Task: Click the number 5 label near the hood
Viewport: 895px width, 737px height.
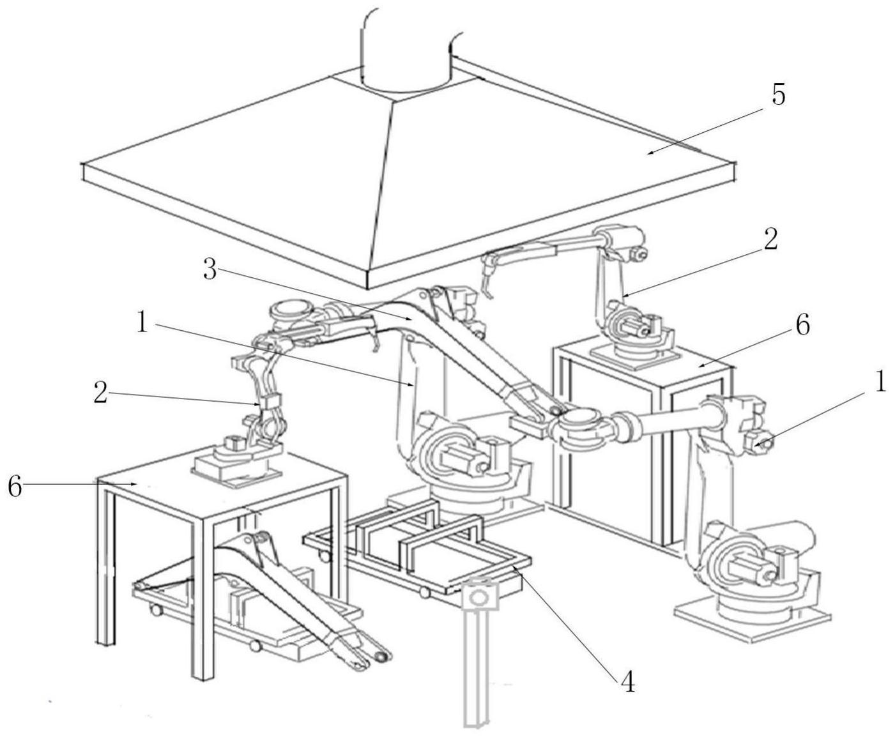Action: pyautogui.click(x=777, y=96)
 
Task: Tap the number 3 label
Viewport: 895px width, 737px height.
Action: pyautogui.click(x=209, y=270)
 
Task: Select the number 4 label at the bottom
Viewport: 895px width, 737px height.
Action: pyautogui.click(x=628, y=683)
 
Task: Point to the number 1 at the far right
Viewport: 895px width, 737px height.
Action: pyautogui.click(x=881, y=382)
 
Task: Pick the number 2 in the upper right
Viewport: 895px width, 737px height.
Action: pyautogui.click(x=770, y=240)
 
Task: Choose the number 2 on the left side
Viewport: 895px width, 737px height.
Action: pyautogui.click(x=100, y=393)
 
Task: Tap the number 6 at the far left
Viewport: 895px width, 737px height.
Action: pyautogui.click(x=14, y=487)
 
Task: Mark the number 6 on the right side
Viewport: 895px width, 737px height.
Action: pyautogui.click(x=802, y=325)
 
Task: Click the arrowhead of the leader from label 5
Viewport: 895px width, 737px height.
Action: pyautogui.click(x=648, y=152)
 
